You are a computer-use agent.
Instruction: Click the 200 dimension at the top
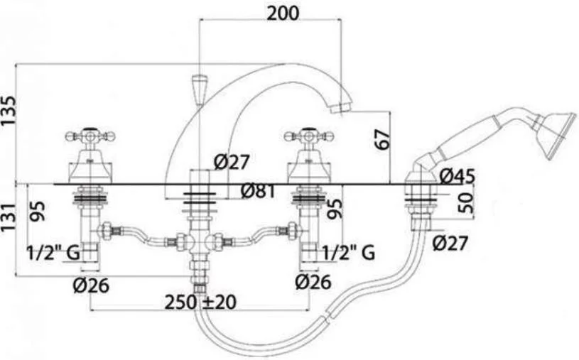point(283,13)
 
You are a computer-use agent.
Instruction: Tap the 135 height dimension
point(9,111)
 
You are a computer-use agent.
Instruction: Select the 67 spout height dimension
point(382,139)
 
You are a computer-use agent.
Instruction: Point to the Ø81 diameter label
point(258,191)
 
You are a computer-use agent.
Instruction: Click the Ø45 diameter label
point(457,177)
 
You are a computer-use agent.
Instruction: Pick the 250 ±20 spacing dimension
point(200,302)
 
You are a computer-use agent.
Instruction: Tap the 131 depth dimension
point(9,217)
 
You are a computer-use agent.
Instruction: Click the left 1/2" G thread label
point(53,253)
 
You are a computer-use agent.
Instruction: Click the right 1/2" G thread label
point(349,253)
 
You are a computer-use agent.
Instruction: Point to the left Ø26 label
point(91,285)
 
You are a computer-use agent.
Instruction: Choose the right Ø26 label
point(313,283)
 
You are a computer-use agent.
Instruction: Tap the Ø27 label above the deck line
point(232,162)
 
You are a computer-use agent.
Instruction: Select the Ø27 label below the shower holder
point(450,243)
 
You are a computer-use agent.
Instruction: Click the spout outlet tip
point(340,108)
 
